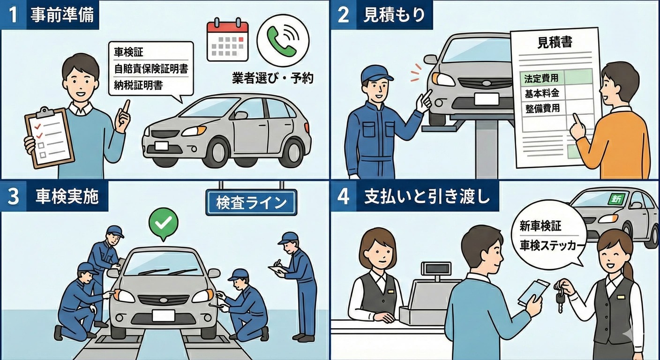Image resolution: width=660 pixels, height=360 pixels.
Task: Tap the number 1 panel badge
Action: [x=13, y=15]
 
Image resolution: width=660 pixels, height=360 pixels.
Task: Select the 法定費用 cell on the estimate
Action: [x=541, y=78]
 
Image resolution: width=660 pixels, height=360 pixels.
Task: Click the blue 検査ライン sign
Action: [x=251, y=202]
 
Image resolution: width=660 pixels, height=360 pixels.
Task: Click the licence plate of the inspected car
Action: [x=163, y=315]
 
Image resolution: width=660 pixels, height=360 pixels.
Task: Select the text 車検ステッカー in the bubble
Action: [x=546, y=246]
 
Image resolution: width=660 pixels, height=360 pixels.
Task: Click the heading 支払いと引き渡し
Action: [x=427, y=197]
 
